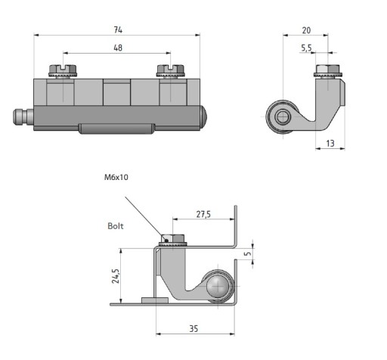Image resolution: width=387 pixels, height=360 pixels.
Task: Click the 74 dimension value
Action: [x=118, y=29]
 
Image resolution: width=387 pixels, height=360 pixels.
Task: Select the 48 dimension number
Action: [x=118, y=48]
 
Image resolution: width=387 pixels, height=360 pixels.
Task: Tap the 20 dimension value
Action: [x=306, y=30]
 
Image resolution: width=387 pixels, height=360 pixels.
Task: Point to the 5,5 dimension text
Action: [x=306, y=48]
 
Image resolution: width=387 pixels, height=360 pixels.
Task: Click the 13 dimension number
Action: [x=330, y=144]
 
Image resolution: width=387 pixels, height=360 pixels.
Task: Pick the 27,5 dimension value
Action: [x=203, y=214]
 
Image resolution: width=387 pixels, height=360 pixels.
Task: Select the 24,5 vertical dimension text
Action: [x=116, y=276]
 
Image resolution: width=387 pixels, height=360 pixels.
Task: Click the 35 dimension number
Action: [x=193, y=328]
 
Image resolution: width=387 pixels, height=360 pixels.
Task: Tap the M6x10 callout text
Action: [x=116, y=177]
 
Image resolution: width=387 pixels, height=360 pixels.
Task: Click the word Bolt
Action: [x=116, y=226]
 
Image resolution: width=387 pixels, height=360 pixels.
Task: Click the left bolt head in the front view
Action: [x=63, y=70]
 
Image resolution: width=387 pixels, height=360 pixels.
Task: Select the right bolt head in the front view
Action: [x=171, y=70]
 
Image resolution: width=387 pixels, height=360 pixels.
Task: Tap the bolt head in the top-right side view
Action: [x=328, y=70]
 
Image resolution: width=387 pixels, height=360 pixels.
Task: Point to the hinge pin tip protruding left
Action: [x=23, y=116]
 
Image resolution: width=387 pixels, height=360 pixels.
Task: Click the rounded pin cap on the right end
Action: [x=203, y=116]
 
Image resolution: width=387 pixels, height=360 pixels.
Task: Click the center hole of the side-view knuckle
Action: [x=283, y=116]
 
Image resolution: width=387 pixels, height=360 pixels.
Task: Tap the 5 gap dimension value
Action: [x=248, y=253]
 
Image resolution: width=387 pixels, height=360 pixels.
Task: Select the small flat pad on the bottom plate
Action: [x=155, y=300]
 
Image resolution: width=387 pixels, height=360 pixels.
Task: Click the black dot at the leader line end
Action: [x=166, y=241]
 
